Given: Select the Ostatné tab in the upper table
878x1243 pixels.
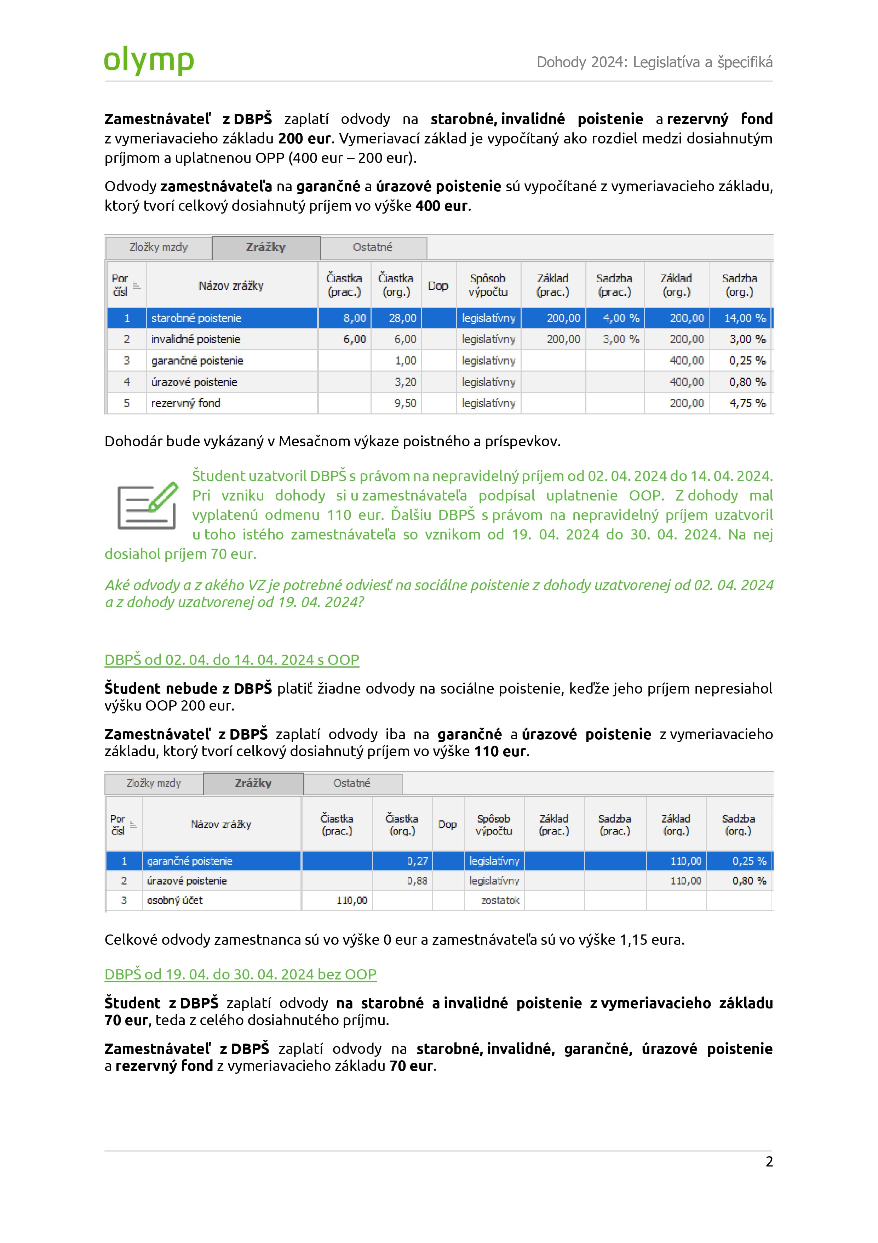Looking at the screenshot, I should (x=372, y=247).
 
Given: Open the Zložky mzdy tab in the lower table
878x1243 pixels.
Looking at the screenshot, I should (x=154, y=783).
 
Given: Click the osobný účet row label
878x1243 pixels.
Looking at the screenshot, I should (x=175, y=900).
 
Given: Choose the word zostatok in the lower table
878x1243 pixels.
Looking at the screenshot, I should (x=500, y=900).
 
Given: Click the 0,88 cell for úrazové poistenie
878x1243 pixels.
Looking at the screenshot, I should (x=417, y=881).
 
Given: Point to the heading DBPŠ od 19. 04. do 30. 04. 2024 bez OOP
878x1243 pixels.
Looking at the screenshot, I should (x=240, y=974).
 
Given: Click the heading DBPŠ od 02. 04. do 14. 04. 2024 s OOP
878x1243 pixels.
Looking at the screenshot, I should (x=231, y=660).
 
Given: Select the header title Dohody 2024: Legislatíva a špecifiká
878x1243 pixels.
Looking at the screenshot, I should (x=654, y=62).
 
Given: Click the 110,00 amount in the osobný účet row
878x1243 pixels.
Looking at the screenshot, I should (x=352, y=900).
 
